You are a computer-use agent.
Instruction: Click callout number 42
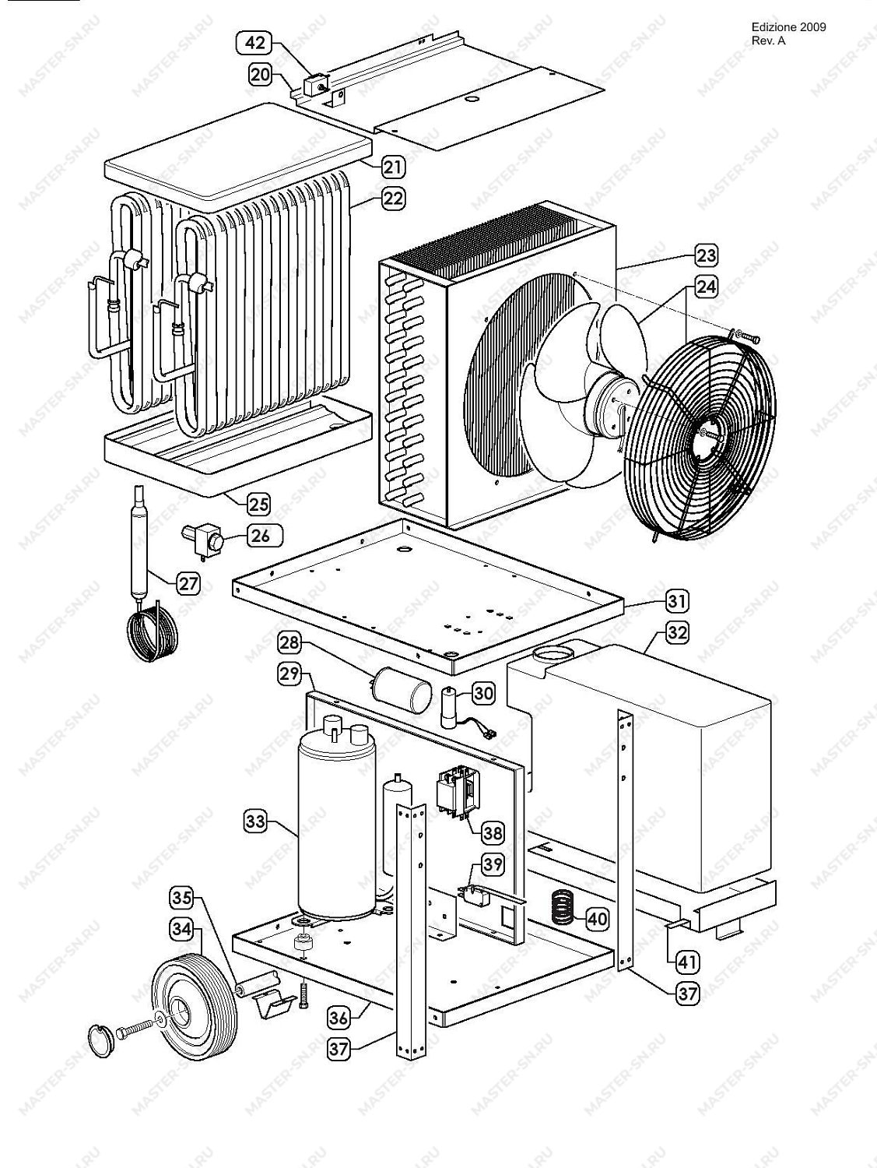click(254, 43)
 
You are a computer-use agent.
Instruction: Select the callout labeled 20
click(260, 74)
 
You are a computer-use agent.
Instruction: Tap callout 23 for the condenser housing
click(706, 255)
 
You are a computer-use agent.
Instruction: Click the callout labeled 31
click(676, 602)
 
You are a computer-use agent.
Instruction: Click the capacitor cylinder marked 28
click(402, 690)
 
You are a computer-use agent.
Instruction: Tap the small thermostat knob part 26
click(205, 540)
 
